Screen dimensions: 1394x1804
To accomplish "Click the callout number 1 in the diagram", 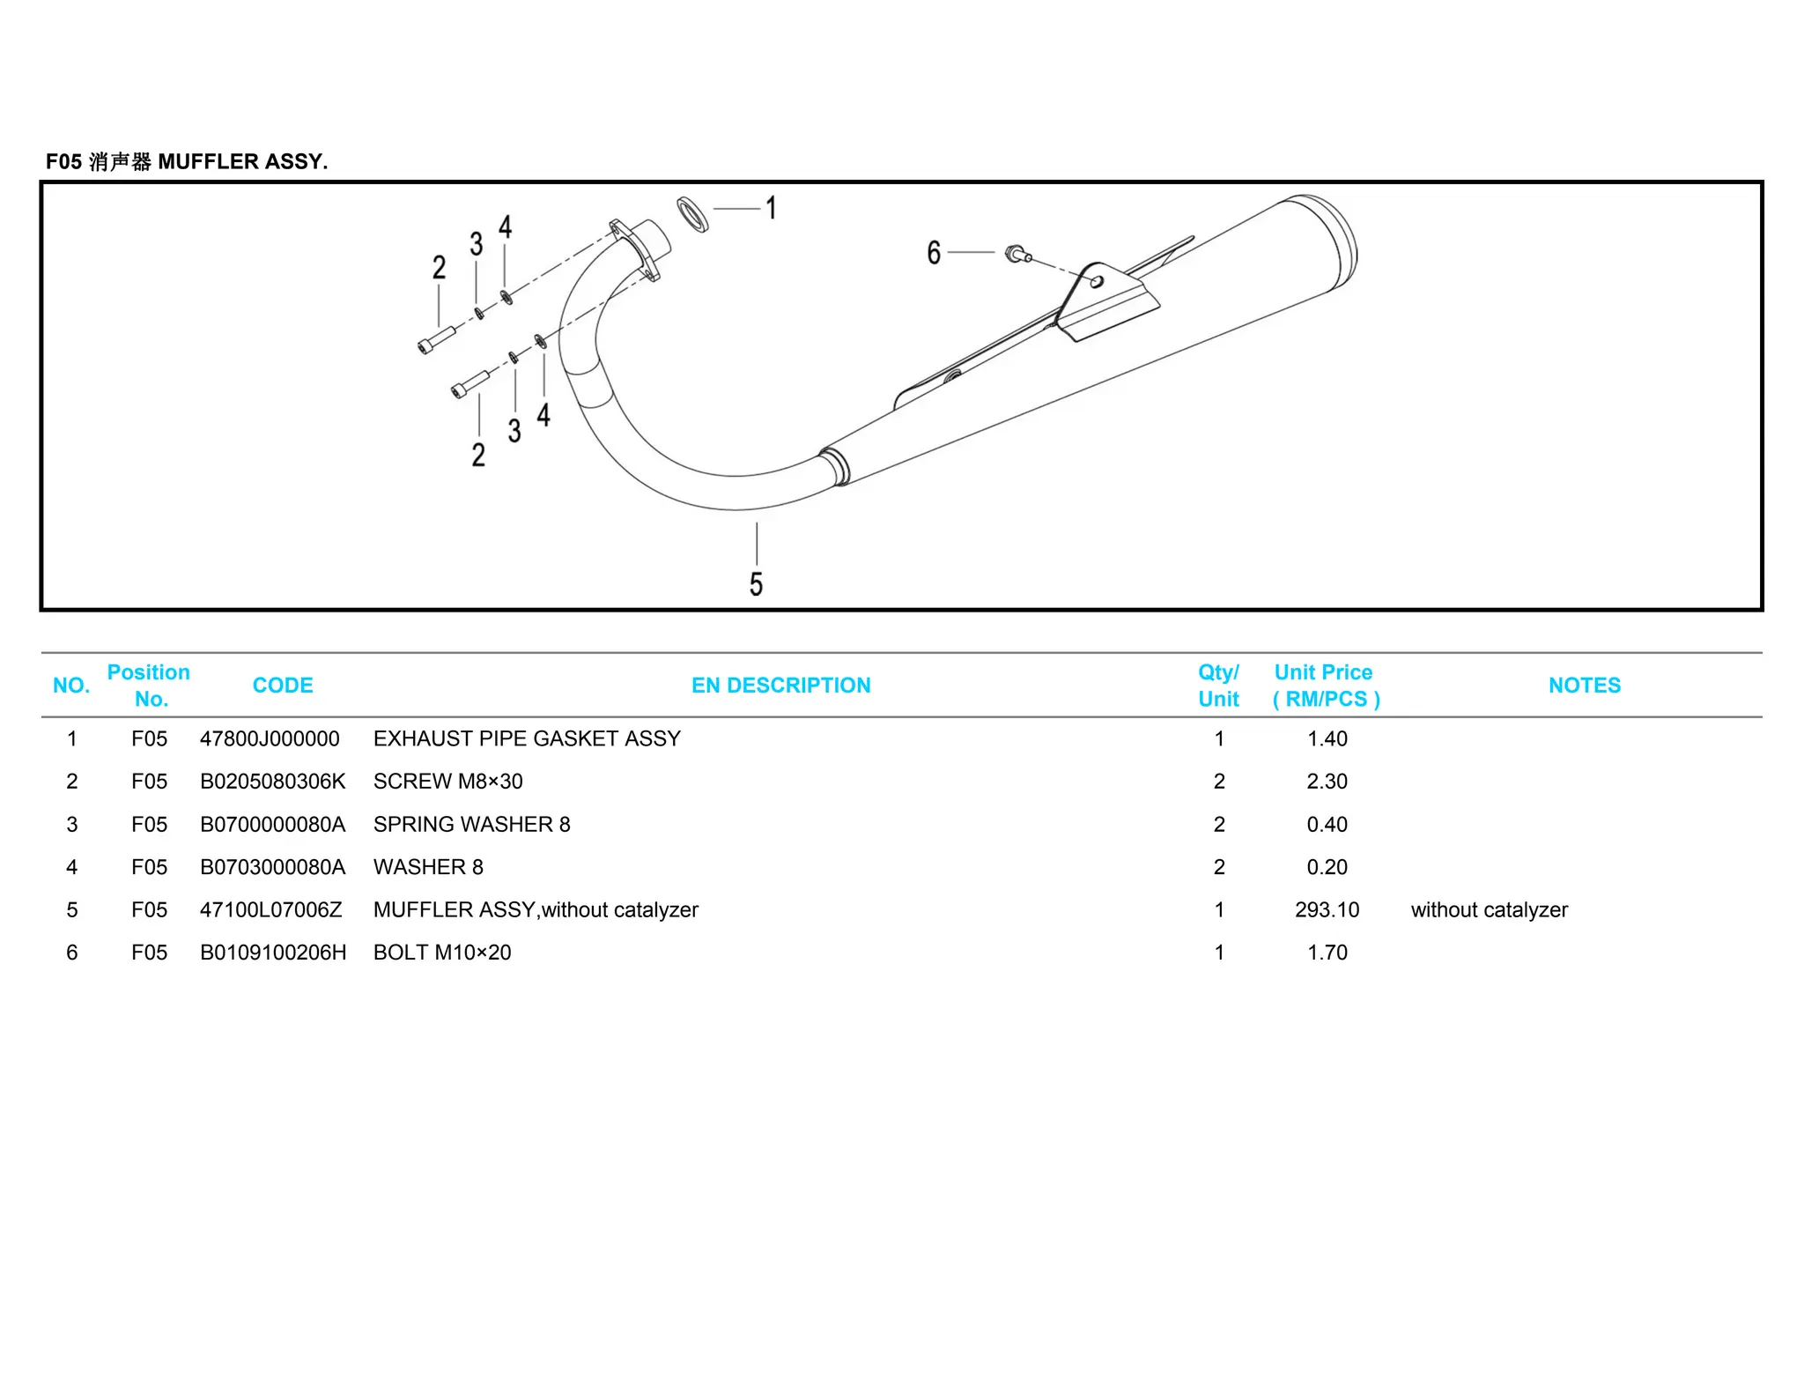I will click(x=771, y=209).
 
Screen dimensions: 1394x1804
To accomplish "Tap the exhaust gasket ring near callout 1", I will click(x=692, y=215).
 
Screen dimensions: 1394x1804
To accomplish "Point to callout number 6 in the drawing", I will click(x=934, y=253).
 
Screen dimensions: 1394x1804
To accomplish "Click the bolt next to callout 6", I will click(x=1017, y=255).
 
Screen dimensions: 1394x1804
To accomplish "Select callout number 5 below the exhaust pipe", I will click(x=756, y=584).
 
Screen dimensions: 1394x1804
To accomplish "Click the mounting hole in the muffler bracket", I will click(x=1097, y=282).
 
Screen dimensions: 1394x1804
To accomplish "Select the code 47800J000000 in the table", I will click(x=270, y=738).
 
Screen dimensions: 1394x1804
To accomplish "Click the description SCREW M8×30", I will click(x=447, y=782).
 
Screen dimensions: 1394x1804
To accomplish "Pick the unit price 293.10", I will click(x=1327, y=909).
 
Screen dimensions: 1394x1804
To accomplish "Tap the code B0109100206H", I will click(x=273, y=953).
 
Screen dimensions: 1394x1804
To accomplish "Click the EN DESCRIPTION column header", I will click(x=780, y=686).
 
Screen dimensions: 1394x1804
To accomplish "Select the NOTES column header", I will click(x=1584, y=686).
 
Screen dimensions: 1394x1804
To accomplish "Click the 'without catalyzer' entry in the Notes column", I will click(x=1489, y=909).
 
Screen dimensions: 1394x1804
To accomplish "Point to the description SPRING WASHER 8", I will click(x=471, y=824).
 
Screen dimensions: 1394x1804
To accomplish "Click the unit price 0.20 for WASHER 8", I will click(x=1327, y=867).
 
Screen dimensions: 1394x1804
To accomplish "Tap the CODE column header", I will click(x=283, y=686).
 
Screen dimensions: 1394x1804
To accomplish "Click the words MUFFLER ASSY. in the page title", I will click(x=242, y=162).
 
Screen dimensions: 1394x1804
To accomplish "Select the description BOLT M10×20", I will click(x=441, y=953).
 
